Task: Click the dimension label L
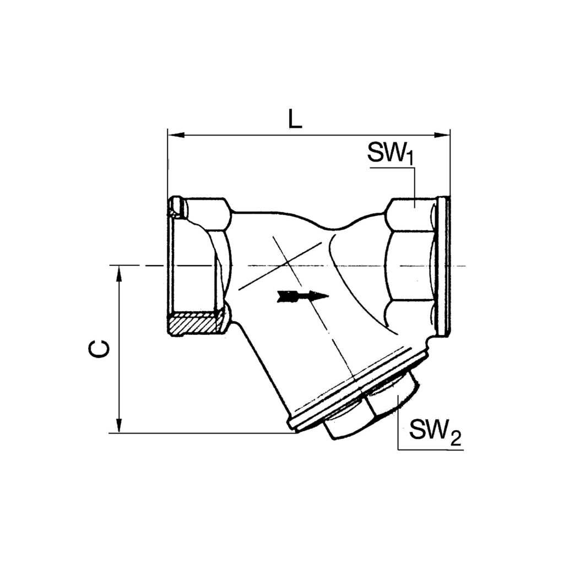point(295,119)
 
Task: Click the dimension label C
point(100,348)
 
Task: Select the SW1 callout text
point(390,154)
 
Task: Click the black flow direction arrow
point(303,296)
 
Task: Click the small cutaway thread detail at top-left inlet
point(177,208)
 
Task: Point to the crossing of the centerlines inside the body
point(288,266)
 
